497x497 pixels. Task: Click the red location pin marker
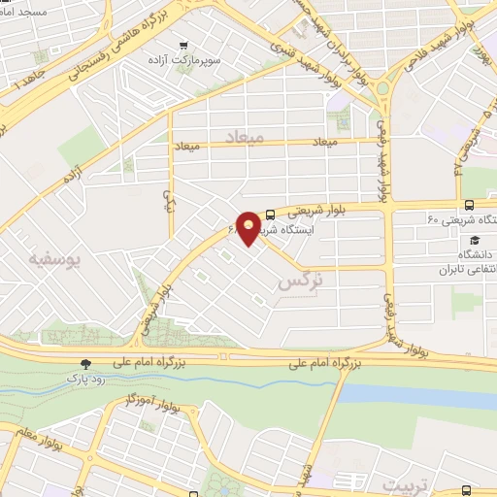click(249, 228)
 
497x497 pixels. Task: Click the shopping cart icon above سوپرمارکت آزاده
click(184, 45)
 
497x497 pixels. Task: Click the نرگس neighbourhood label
click(298, 282)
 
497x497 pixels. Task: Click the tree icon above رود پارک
click(86, 363)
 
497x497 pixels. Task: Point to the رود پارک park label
click(85, 379)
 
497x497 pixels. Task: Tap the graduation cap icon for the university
click(474, 240)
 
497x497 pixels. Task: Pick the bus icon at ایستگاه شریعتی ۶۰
click(470, 204)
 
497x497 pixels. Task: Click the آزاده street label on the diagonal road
click(71, 179)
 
